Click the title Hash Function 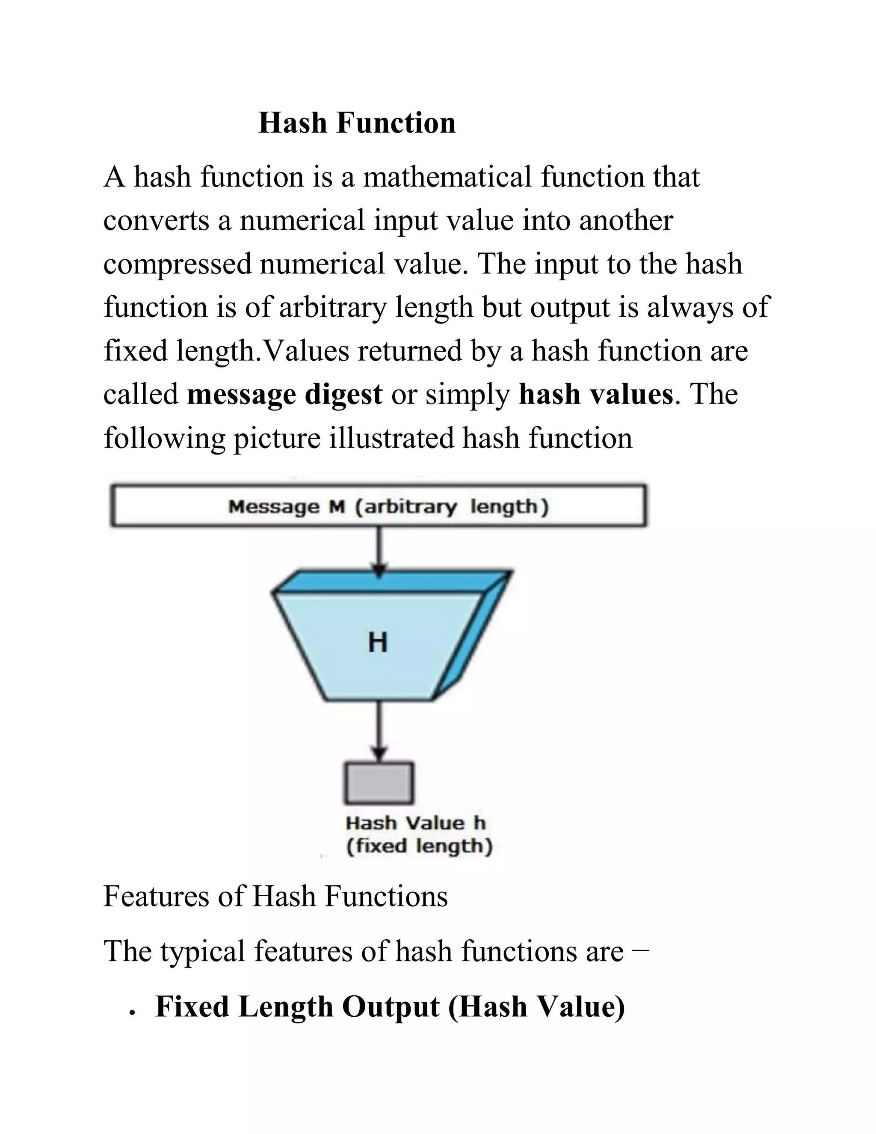pos(357,123)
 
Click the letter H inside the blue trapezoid pos(378,642)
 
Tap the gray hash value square pos(379,783)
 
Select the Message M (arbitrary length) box pos(379,506)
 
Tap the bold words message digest pos(284,394)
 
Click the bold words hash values pos(595,394)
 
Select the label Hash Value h pos(416,823)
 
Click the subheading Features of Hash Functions pos(275,897)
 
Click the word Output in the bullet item pos(390,1007)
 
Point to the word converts pos(156,221)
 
